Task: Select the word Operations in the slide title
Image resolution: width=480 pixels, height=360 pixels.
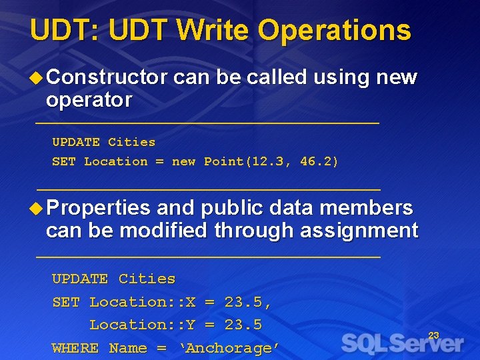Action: point(335,31)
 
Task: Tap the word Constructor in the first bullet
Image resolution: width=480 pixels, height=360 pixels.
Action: point(107,77)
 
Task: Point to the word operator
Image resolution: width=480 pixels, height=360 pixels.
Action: point(89,100)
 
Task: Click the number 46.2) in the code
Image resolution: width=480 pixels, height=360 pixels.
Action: point(319,161)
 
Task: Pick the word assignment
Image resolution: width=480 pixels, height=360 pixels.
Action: point(359,231)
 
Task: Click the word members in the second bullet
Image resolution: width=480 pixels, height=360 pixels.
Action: point(366,208)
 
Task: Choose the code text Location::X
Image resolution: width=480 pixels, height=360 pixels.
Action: point(142,302)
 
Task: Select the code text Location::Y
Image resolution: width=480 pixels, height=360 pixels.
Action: point(142,325)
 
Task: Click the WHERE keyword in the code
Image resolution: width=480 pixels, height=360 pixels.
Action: point(75,348)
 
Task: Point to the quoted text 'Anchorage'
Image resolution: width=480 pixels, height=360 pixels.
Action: point(229,348)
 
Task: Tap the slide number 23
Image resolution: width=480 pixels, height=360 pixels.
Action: point(433,335)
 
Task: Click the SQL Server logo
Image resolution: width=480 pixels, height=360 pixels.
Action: point(402,343)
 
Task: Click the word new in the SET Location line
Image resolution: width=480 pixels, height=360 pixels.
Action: point(183,161)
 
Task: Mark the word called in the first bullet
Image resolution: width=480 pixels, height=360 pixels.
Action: point(277,77)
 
